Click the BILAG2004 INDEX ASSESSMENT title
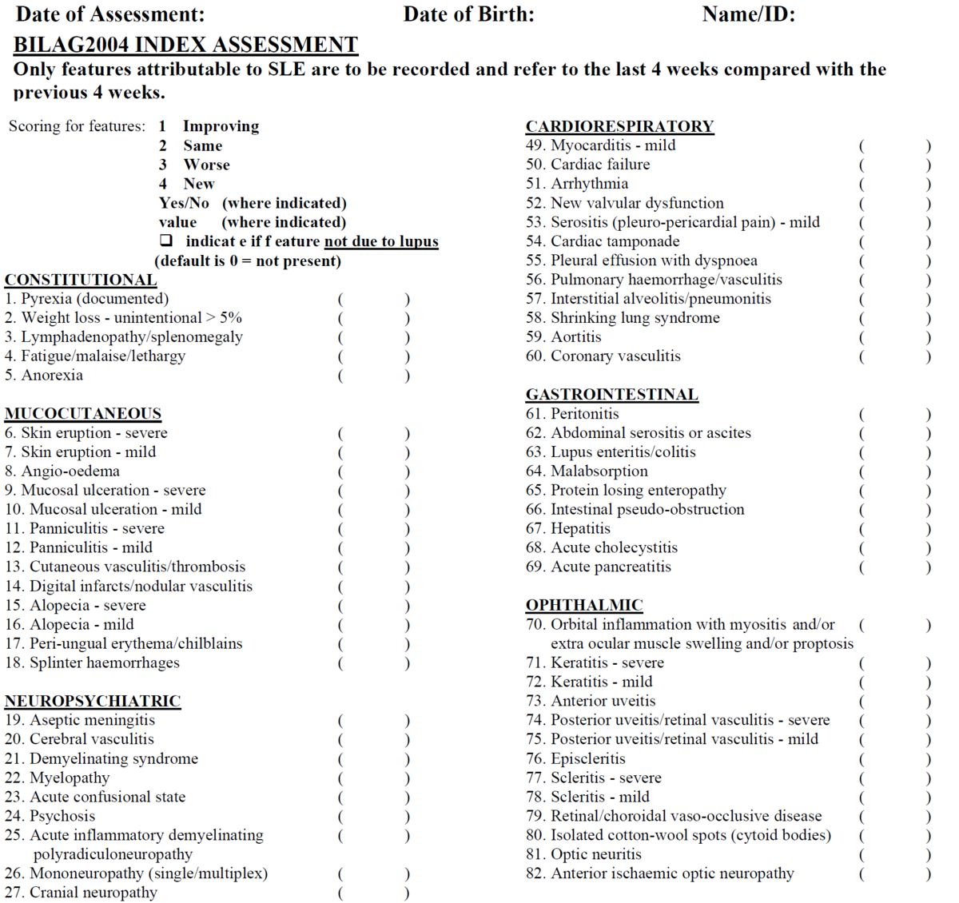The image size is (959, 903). (185, 45)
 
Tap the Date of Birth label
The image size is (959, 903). (468, 14)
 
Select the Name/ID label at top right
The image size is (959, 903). (748, 14)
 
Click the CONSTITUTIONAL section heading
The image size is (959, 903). (81, 280)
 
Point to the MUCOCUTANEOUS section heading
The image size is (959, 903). (83, 413)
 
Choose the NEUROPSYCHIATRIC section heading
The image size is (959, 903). (93, 701)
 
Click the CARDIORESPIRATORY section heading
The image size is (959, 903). (619, 126)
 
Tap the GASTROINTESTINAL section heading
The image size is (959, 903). (611, 394)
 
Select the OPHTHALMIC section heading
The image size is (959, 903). (583, 605)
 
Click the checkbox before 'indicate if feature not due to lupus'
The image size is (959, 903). (165, 241)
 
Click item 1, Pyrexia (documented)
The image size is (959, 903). (86, 299)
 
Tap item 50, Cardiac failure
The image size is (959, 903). (587, 165)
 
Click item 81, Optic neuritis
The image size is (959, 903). (583, 854)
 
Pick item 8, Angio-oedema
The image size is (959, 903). (62, 471)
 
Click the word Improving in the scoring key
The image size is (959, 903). (221, 126)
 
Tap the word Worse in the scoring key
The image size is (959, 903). (206, 165)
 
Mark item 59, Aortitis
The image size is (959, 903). (563, 336)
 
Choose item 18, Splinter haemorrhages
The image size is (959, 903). (92, 662)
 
